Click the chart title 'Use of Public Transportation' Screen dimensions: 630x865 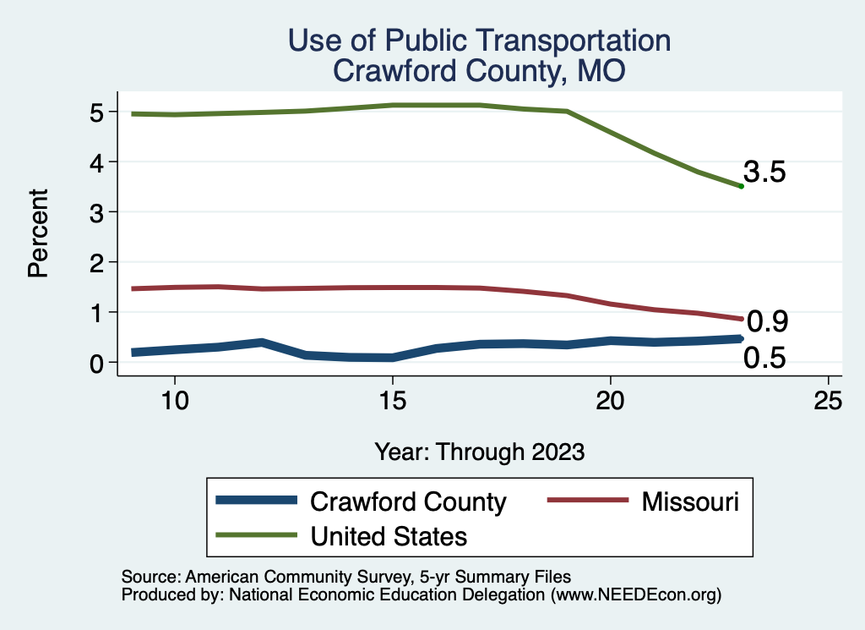pos(479,40)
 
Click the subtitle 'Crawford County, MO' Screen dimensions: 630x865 pos(479,71)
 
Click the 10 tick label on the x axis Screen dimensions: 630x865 pos(174,401)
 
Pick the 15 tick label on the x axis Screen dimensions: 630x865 pos(392,401)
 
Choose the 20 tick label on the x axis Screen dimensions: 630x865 pos(610,401)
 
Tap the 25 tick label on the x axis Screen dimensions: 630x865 pos(828,401)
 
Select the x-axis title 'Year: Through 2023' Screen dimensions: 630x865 pos(479,452)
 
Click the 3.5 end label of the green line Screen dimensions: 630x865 pos(764,173)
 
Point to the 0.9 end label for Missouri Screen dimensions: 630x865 pos(768,321)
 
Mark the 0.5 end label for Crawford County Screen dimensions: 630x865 pos(764,359)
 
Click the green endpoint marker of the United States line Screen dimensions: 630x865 pos(741,186)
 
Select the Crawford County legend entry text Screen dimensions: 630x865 pos(408,501)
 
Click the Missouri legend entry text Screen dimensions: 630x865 pos(690,501)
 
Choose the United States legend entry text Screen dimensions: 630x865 pos(389,535)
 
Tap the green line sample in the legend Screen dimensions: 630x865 pos(257,535)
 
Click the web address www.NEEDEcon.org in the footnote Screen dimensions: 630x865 pos(635,595)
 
